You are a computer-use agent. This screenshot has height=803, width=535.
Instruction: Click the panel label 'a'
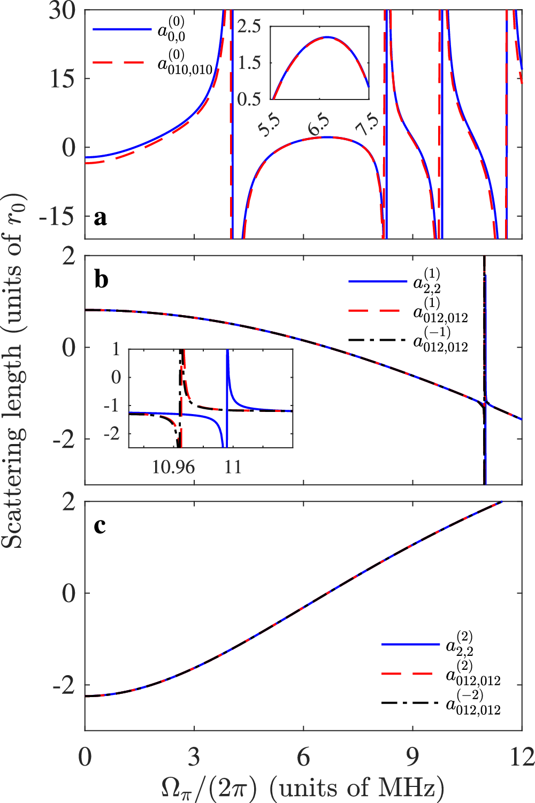100,218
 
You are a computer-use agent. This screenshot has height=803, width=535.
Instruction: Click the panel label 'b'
101,279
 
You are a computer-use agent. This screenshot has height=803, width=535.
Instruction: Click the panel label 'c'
100,526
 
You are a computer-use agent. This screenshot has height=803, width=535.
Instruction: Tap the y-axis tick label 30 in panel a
62,11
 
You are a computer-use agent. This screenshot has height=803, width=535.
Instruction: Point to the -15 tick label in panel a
57,216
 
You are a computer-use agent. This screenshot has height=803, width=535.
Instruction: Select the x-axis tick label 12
521,757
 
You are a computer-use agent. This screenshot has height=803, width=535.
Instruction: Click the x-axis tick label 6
303,757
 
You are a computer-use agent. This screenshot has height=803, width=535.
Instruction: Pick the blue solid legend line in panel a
122,29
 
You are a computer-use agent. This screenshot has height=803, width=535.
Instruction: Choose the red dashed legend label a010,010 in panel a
185,64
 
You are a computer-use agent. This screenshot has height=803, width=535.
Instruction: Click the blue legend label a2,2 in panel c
460,644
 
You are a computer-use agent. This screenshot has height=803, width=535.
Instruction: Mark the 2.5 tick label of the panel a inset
249,26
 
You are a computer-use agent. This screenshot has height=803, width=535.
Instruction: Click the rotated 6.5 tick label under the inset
319,126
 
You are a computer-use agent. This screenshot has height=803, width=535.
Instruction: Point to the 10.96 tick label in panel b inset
173,467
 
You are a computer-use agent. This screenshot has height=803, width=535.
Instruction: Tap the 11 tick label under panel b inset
232,467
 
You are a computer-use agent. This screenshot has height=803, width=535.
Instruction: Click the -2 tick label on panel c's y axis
64,686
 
